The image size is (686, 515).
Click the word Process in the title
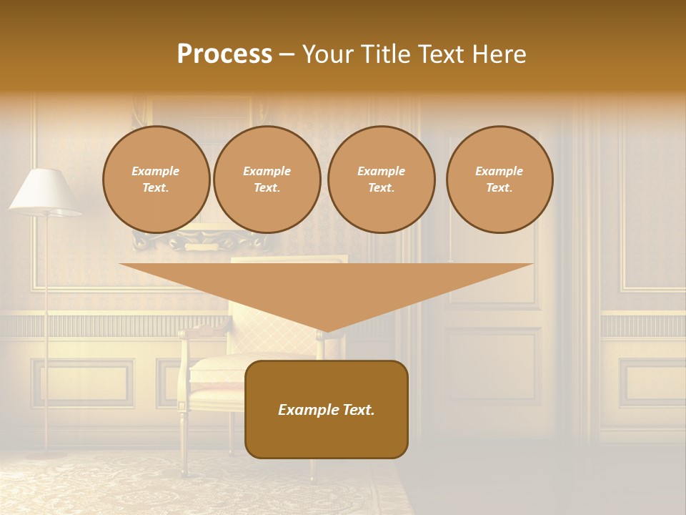coord(224,54)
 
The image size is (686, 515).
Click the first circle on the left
coord(156,180)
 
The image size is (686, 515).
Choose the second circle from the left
coord(267,180)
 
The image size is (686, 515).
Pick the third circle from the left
coord(381,180)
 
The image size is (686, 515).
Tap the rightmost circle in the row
coord(499,180)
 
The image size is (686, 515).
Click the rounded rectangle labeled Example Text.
coord(327,409)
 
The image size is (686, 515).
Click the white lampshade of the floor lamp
coord(44,192)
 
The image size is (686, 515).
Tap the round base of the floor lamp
coord(46,453)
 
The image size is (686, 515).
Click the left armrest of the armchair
coord(204,332)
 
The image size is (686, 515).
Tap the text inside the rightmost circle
coord(499,180)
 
